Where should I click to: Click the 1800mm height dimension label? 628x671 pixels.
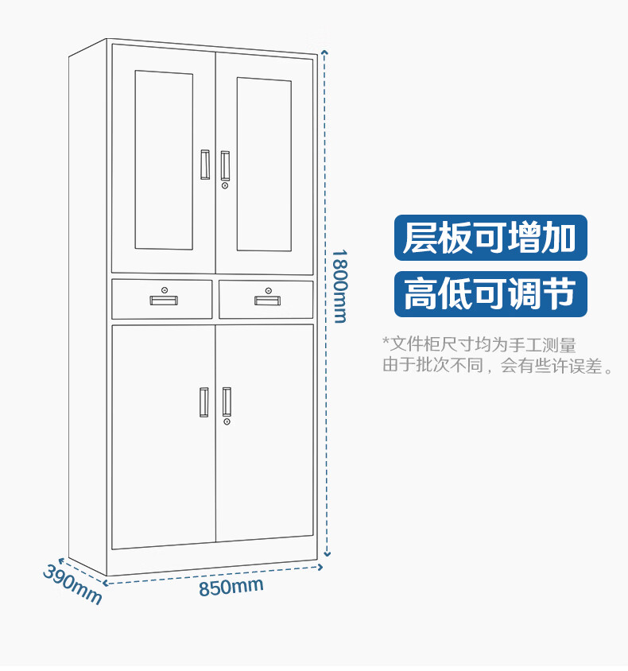click(339, 286)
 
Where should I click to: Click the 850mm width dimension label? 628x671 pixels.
click(231, 588)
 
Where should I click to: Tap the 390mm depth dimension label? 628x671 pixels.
click(72, 584)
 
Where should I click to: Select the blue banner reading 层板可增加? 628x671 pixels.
click(490, 238)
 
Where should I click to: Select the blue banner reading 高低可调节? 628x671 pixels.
click(490, 294)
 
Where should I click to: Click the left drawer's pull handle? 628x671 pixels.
click(164, 301)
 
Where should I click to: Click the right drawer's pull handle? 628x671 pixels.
click(267, 300)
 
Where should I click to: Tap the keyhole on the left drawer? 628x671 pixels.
click(165, 289)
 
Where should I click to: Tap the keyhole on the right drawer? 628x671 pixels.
click(269, 289)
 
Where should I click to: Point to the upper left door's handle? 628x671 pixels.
click(205, 164)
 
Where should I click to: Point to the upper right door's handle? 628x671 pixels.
click(225, 165)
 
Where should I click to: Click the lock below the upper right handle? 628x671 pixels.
click(225, 185)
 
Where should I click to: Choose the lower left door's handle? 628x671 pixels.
click(204, 402)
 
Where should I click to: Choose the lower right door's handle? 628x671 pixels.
click(227, 401)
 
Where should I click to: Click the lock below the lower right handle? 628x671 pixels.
click(227, 421)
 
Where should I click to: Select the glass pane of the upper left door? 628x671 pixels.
click(164, 159)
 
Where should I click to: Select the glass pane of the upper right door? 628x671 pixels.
click(264, 165)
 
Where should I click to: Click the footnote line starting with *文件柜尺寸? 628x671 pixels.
click(479, 345)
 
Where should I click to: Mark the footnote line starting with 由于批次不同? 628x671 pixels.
click(498, 367)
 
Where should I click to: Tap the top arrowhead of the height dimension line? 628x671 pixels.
click(324, 52)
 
